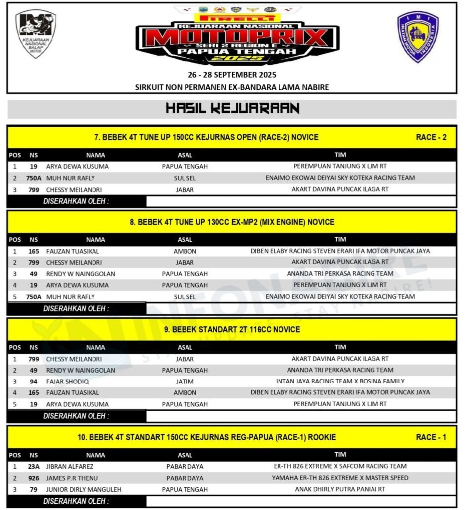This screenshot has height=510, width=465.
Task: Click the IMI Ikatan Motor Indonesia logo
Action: [x=417, y=37]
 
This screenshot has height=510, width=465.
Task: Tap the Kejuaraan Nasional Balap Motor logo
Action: [x=35, y=34]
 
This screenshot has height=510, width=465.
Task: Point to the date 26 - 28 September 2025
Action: [x=232, y=75]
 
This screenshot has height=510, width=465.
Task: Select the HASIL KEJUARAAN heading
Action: [x=232, y=108]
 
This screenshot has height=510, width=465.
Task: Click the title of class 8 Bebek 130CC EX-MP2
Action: [x=232, y=222]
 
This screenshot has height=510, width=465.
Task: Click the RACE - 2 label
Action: [x=431, y=137]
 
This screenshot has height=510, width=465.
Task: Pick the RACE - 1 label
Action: [x=431, y=437]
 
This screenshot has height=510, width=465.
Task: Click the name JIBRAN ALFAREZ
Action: [x=69, y=467]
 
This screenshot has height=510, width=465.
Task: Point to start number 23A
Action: [x=33, y=467]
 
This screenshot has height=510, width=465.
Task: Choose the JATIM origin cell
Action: [x=185, y=382]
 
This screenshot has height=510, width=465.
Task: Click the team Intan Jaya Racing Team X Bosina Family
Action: [x=340, y=382]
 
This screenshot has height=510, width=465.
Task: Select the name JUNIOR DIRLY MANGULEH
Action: [x=84, y=490]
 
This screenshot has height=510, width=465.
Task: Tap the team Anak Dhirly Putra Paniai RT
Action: [x=340, y=490]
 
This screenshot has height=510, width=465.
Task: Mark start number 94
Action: [x=33, y=382]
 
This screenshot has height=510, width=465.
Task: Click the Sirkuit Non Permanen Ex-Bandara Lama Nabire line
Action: [x=232, y=87]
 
